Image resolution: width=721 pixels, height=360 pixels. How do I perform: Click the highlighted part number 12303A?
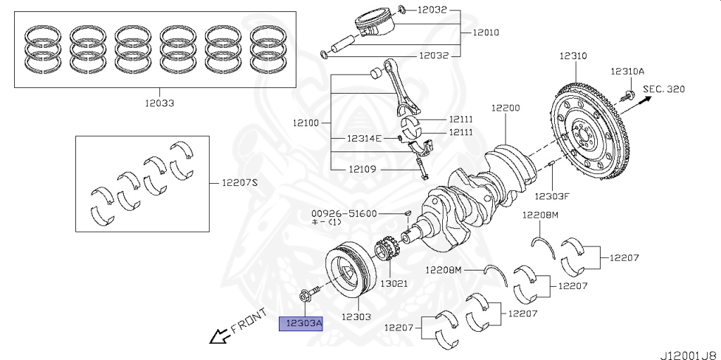coord(301,323)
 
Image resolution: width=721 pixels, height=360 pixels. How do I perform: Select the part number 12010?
coord(487,32)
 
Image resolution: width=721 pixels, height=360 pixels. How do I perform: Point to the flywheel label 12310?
coord(573,55)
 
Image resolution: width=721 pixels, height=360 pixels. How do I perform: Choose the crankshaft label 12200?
coord(506,108)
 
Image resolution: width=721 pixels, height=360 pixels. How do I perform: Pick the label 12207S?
coord(240,182)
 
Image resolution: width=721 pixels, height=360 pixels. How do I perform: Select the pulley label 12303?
coord(356,316)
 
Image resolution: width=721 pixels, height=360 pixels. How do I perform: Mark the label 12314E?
coord(363,138)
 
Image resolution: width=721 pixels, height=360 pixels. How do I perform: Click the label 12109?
coord(363,169)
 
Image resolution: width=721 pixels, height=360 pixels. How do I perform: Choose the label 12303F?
coord(551,195)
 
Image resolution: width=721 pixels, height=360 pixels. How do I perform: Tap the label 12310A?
coord(627,71)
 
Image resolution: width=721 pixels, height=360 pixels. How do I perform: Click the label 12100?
coord(306,123)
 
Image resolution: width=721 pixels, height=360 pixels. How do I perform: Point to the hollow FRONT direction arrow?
coord(219,336)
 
